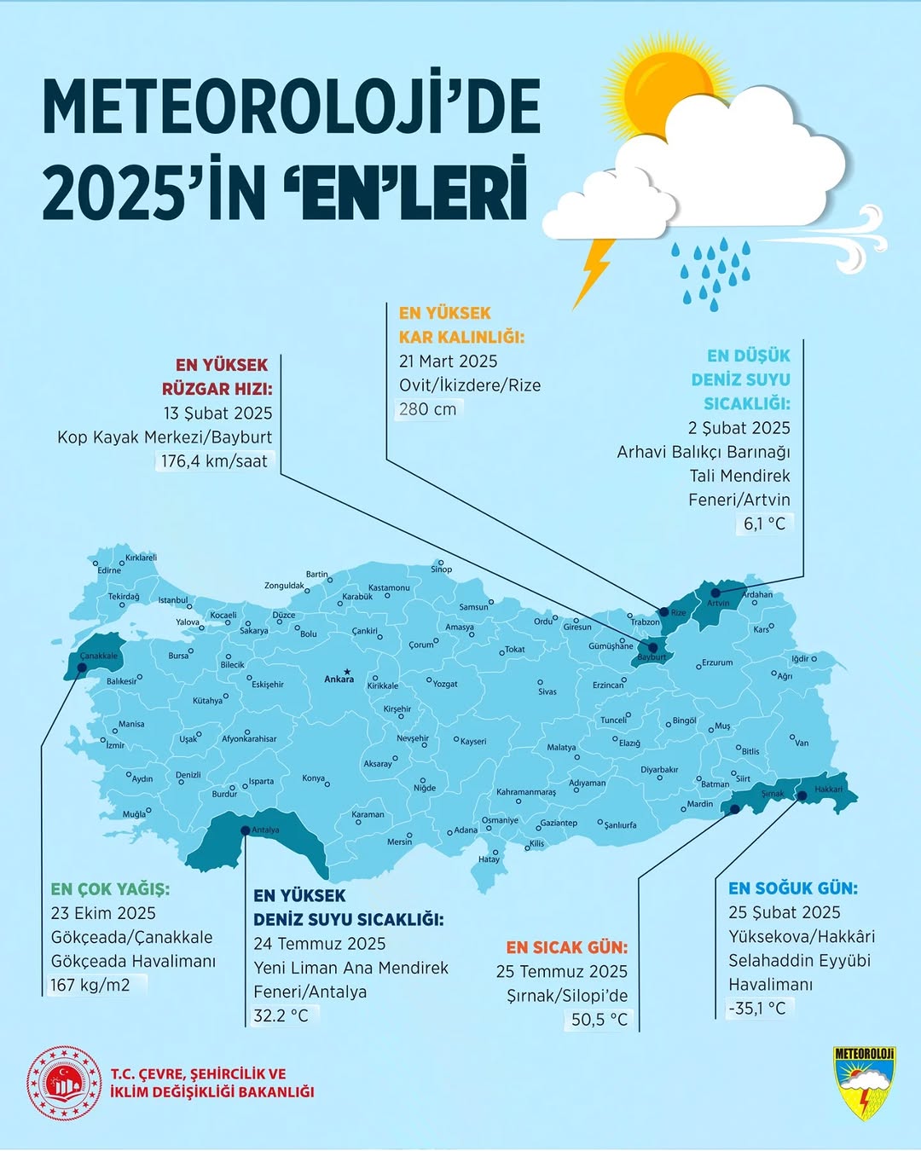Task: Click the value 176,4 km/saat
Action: tap(214, 461)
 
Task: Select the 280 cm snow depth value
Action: tap(427, 409)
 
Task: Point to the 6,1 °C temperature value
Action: tap(764, 523)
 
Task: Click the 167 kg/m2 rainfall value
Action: tap(90, 985)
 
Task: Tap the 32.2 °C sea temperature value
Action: tap(281, 1015)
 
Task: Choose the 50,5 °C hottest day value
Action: tap(600, 1020)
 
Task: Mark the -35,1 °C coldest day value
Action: tap(757, 1008)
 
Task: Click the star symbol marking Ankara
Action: tap(346, 671)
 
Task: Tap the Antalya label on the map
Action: tap(265, 830)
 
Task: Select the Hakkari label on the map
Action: tap(828, 789)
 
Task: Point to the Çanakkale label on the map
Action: tap(99, 656)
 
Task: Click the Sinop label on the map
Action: tap(442, 569)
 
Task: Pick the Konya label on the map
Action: tap(313, 778)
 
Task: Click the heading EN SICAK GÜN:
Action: tap(566, 947)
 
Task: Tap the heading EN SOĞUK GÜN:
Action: tap(792, 888)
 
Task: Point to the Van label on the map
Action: tap(802, 743)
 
